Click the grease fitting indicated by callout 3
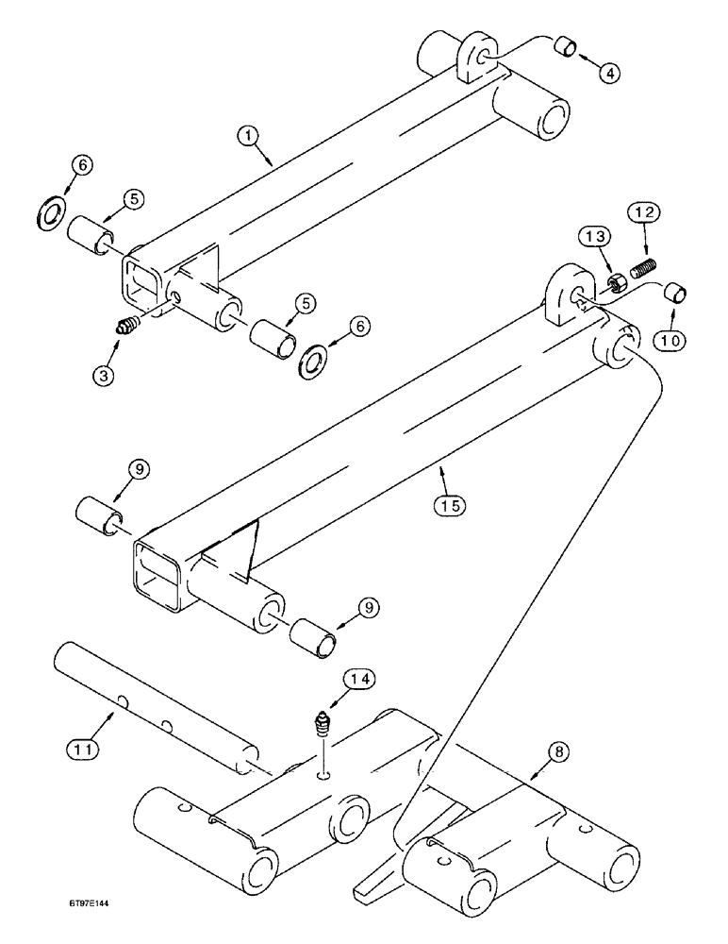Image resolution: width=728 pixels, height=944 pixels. tap(125, 328)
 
